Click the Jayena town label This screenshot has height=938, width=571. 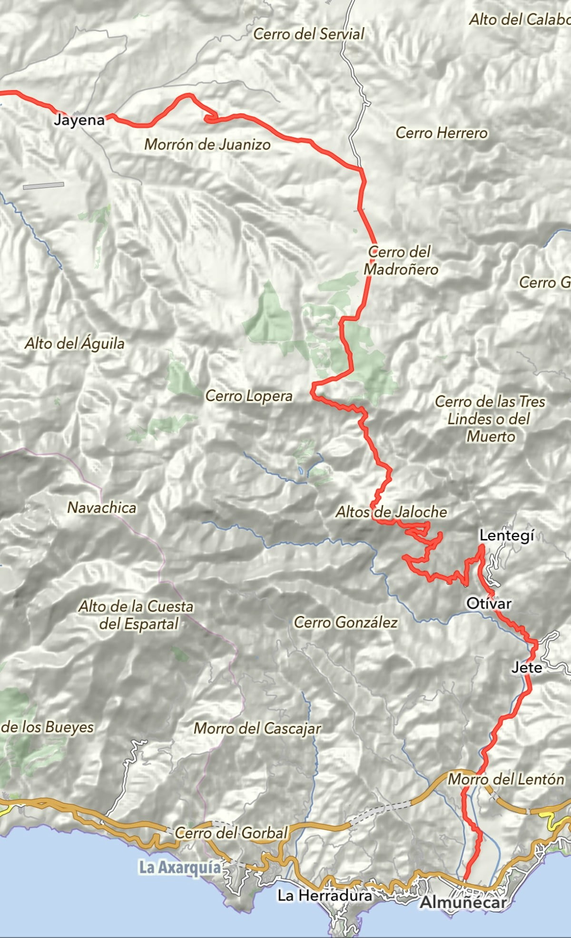point(79,119)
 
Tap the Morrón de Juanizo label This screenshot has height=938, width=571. point(207,144)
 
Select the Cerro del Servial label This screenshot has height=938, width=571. point(308,34)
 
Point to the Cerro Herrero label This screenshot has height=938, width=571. point(441,133)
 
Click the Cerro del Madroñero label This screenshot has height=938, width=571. point(401,261)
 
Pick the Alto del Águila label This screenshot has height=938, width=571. point(75,343)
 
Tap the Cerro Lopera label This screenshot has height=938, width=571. point(248,396)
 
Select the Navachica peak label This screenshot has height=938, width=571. point(102,508)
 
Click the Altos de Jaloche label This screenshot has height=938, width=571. point(391,512)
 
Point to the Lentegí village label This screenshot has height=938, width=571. point(507,536)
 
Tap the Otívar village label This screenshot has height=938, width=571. point(489,604)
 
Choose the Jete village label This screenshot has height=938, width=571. point(527,668)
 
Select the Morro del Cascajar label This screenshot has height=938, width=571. point(257,728)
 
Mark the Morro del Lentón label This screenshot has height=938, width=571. point(506,779)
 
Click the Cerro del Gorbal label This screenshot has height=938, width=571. point(231,832)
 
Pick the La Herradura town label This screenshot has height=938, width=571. point(325,896)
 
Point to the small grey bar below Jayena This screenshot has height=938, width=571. point(43,186)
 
